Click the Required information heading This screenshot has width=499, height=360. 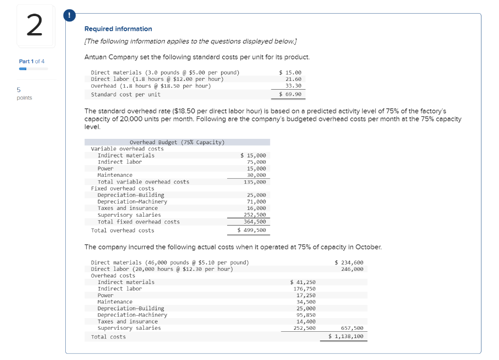point(118,29)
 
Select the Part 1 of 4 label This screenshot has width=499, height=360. point(32,61)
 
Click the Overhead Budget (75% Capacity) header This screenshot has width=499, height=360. point(177,142)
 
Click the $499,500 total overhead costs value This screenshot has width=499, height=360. point(252,230)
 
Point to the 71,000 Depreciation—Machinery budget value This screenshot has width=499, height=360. point(256,202)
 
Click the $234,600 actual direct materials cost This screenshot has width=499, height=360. point(349,263)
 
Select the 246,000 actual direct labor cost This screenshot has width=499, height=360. point(352,269)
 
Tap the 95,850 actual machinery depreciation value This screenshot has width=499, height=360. point(306,315)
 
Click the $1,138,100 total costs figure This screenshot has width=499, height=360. point(346,337)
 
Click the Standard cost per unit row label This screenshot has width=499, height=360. point(126,95)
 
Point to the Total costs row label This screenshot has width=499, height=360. point(108,337)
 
